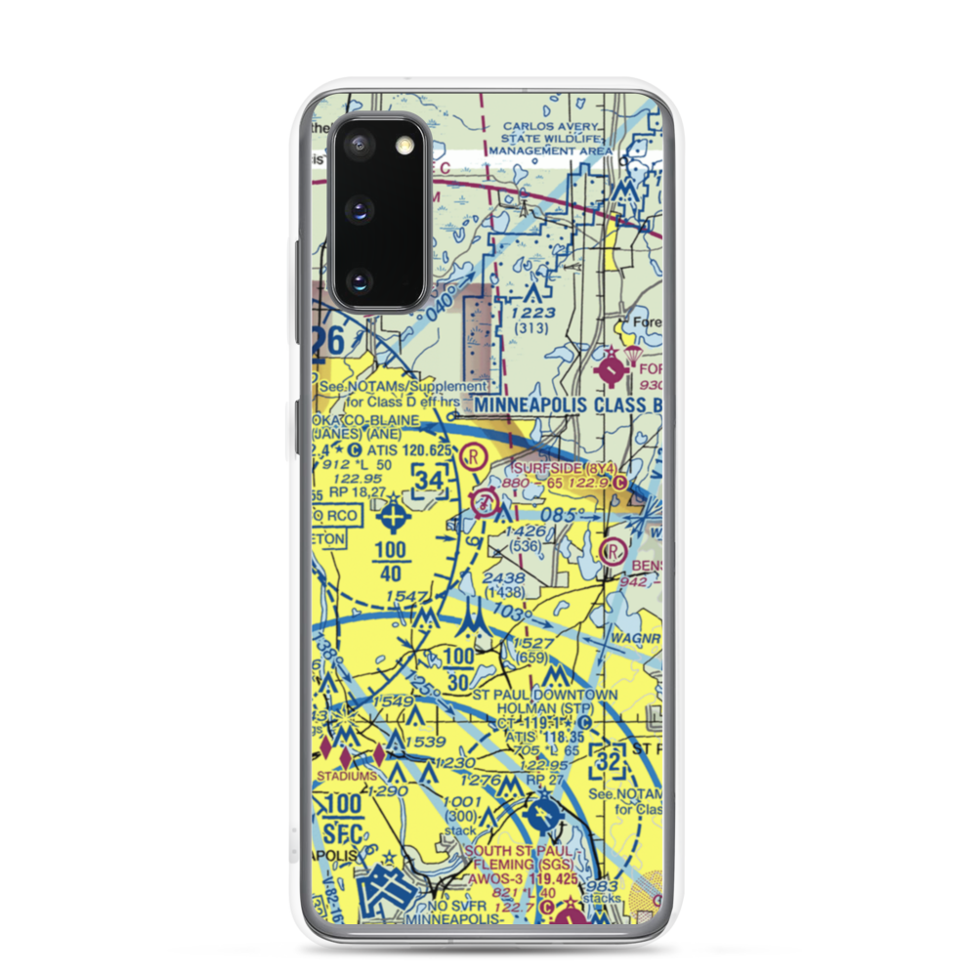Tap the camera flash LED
[x=403, y=146]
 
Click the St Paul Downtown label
[x=544, y=695]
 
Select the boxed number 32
[x=608, y=758]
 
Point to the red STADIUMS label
[x=346, y=776]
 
